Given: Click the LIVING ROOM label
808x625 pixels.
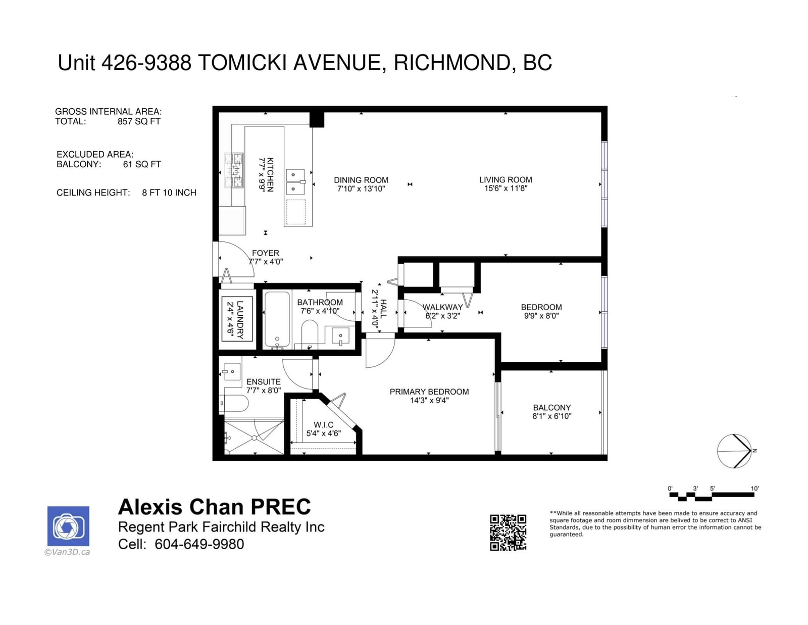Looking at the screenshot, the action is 506,180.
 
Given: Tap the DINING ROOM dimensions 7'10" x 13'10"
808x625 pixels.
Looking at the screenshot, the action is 361,188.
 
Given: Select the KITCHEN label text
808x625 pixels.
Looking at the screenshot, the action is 271,174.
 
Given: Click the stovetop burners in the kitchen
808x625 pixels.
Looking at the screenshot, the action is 233,170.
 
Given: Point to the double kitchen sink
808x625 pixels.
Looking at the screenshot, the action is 295,181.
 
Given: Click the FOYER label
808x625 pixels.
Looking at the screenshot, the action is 265,253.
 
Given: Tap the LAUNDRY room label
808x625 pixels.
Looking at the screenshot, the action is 240,320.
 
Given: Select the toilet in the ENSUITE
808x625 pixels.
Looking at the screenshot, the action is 234,403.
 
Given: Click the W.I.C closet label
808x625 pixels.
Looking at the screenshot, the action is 323,424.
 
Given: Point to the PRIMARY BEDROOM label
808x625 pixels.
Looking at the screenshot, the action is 429,392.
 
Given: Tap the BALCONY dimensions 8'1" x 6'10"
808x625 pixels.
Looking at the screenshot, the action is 551,416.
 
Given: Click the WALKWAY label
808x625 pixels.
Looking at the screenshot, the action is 442,307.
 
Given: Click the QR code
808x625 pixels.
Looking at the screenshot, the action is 508,533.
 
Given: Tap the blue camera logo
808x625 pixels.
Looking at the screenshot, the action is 68,526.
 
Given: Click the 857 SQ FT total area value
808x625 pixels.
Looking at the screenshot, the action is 139,121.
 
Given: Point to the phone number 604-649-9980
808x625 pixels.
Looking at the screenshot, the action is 199,544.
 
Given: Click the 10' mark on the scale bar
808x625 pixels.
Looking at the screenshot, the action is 754,489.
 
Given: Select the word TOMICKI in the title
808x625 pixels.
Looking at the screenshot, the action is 242,63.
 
